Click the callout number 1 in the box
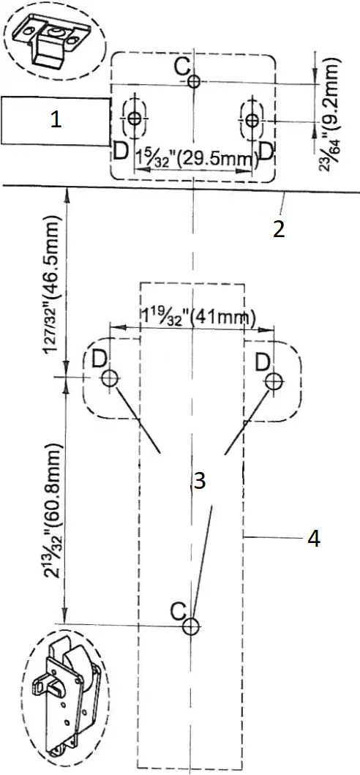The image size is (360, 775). pos(55,121)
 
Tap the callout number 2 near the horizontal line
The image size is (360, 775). pos(278,228)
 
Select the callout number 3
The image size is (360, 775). pos(199,481)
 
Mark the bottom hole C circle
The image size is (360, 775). pos(190,626)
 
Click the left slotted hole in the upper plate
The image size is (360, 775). pos(134,119)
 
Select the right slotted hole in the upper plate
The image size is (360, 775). pos(252,119)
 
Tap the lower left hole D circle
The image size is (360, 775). pos(110,378)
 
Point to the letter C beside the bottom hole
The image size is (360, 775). pos(176,610)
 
